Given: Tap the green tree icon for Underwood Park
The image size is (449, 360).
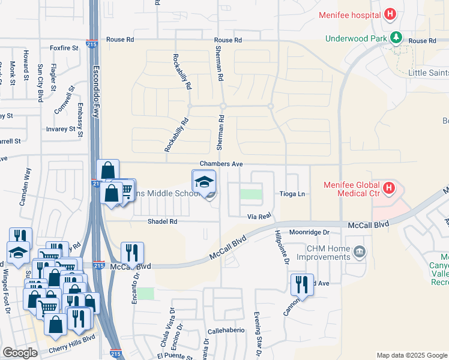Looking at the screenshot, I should tap(396, 38).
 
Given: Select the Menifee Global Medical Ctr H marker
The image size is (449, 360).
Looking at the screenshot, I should tap(389, 188).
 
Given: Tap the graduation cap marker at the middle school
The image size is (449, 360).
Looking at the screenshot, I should tap(203, 182).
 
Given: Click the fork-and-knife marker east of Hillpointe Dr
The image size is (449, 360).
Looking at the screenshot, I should tap(302, 284).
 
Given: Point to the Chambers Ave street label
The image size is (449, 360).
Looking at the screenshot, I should tap(221, 164).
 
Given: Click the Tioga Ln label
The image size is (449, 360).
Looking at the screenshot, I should tap(292, 194).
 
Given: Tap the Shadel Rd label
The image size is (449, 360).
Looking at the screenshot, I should tap(163, 221).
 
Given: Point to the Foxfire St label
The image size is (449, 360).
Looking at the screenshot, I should tap(64, 47).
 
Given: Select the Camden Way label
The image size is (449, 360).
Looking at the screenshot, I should tap(25, 187).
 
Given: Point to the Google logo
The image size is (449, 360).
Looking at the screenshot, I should tap(20, 353).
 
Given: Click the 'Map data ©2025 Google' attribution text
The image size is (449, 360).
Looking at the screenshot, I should tap(411, 355).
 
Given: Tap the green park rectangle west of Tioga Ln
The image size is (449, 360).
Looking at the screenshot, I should tap(252, 194).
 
